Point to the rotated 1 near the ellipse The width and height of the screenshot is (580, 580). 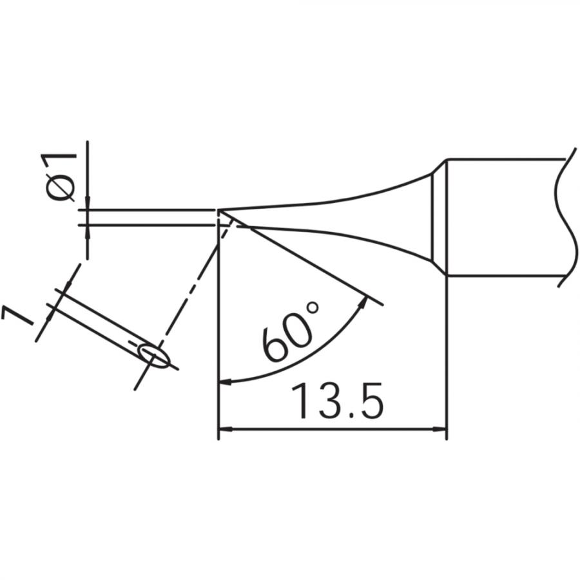tap(17, 317)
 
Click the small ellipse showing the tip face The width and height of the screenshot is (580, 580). tap(155, 355)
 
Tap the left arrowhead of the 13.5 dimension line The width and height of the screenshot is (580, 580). tap(225, 429)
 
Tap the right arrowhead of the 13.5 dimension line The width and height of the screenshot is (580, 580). tap(440, 429)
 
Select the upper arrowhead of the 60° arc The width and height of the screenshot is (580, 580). tap(365, 302)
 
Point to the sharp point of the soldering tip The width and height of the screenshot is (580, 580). tap(220, 210)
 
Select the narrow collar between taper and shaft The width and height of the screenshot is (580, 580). tap(438, 217)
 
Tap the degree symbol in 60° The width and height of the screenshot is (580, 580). tap(313, 314)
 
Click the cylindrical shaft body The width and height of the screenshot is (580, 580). tap(503, 217)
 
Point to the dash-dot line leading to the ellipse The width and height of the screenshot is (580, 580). tap(193, 284)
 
